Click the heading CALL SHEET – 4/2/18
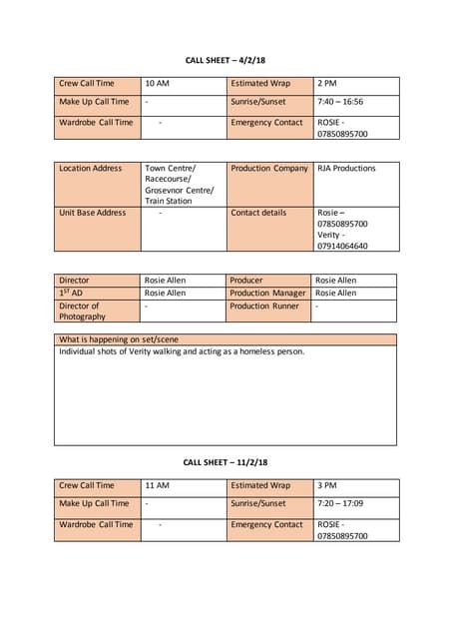[225, 60]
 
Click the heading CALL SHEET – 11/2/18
[225, 462]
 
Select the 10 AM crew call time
[157, 84]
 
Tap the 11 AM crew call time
[157, 485]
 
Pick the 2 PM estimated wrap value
[327, 84]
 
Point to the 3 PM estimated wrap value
[327, 485]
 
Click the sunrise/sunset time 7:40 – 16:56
[340, 102]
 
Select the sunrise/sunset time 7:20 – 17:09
[340, 504]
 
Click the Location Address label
[91, 168]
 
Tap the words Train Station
[168, 201]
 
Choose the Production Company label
[269, 168]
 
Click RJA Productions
[346, 168]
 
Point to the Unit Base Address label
[93, 213]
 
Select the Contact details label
[258, 213]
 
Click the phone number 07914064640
[342, 246]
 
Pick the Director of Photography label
[82, 311]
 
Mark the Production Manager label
[267, 294]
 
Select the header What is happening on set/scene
[119, 339]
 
